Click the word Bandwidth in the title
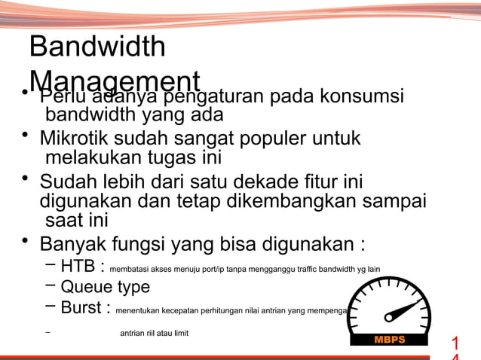pos(97,47)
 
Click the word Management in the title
pos(115,81)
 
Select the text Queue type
pos(105,287)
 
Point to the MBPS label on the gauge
pos(389,340)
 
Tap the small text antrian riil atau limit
pos(154,332)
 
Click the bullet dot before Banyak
pos(25,241)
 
